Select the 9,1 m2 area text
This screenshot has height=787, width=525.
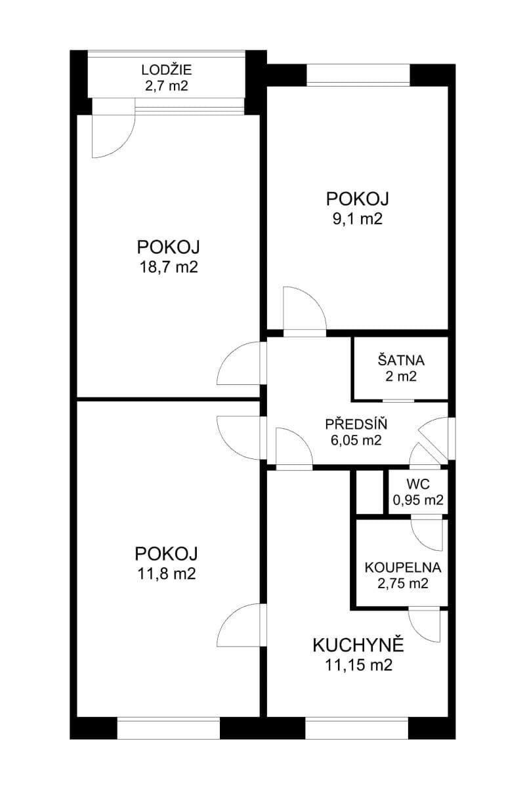coord(358,218)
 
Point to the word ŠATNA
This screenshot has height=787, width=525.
coord(401,360)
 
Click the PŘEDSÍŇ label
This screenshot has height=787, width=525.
coord(356,424)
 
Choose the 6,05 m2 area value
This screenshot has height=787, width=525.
coord(356,440)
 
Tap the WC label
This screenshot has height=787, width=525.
coord(417,484)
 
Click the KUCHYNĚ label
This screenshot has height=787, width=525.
coord(358,645)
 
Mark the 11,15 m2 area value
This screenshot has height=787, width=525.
coord(358,666)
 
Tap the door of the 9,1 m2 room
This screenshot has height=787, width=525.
coord(304,313)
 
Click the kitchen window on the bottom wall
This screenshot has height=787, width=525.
coord(357,728)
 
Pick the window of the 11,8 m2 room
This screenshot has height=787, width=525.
coord(168,728)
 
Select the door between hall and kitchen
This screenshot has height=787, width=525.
coord(293,449)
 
